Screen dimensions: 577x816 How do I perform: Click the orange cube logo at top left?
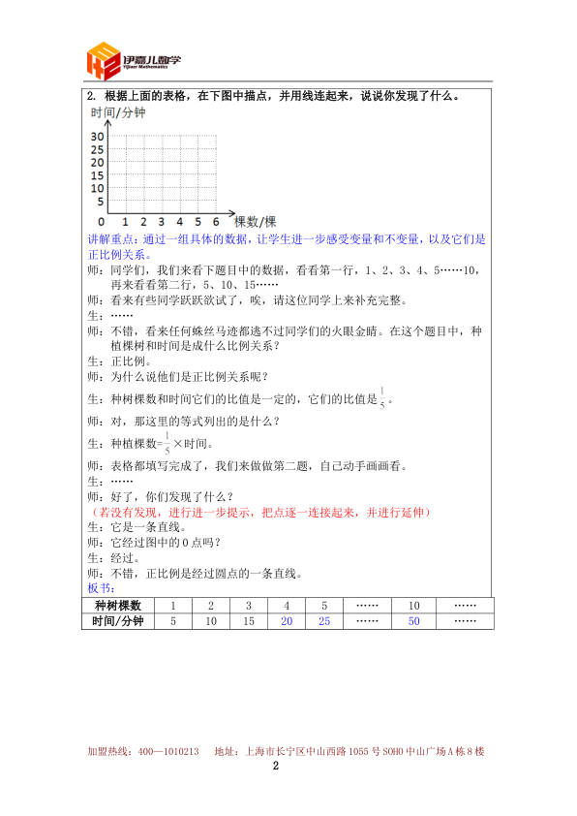click(104, 61)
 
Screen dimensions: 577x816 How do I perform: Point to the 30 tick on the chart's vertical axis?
click(97, 138)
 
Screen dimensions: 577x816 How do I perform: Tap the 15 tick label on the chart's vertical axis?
click(97, 175)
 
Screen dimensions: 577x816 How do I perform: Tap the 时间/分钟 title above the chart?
click(117, 113)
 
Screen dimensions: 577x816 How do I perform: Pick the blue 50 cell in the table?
click(414, 621)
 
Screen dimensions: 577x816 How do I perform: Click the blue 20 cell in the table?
click(287, 621)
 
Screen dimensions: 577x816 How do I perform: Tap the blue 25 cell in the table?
click(324, 621)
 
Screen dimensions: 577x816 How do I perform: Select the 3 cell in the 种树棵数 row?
click(249, 605)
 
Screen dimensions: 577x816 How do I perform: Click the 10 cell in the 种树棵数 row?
click(414, 605)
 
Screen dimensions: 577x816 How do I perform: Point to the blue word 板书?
click(101, 588)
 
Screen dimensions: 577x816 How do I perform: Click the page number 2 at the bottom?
click(276, 766)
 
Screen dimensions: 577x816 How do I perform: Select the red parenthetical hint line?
click(258, 512)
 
